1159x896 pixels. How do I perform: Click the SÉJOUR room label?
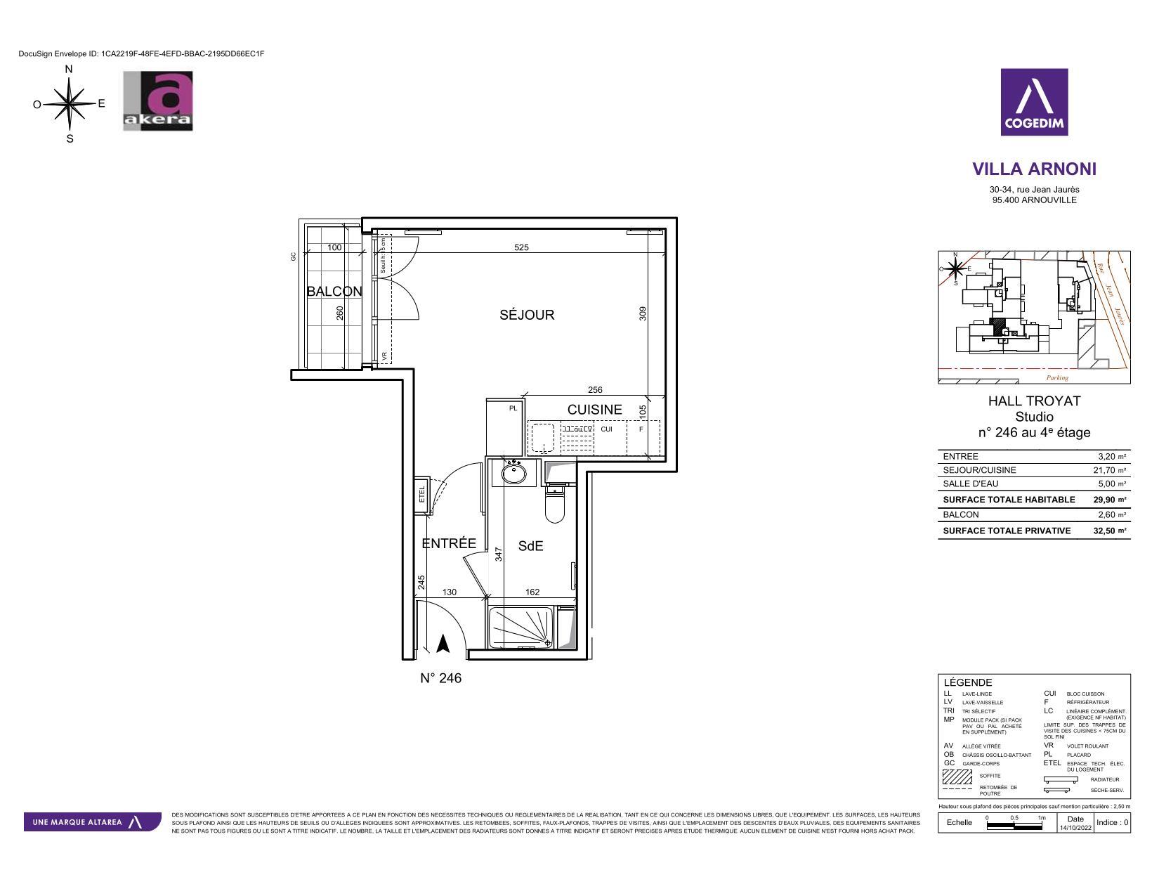(527, 315)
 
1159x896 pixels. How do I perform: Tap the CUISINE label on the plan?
(594, 410)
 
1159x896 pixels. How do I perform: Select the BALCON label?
(334, 291)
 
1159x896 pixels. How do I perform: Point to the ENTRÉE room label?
(449, 543)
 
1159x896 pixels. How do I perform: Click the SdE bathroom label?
(531, 546)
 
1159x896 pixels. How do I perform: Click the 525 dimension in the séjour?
(521, 247)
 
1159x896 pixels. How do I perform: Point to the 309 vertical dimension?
(642, 313)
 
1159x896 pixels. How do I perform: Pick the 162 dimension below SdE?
(532, 592)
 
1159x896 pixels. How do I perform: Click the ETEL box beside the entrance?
(422, 495)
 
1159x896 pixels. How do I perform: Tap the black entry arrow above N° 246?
(443, 644)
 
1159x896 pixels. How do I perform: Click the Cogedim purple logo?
(1034, 102)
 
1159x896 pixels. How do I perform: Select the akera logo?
(158, 100)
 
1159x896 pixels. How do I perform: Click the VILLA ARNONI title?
(1034, 169)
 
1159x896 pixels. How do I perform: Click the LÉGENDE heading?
(968, 682)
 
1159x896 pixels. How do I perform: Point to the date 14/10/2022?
(1075, 827)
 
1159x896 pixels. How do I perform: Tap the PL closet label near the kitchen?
(513, 408)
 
